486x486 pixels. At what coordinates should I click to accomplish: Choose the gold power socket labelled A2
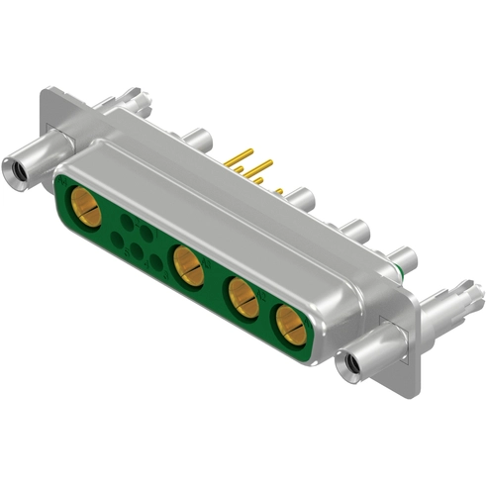(243, 297)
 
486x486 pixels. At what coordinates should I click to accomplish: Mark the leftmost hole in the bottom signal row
(118, 239)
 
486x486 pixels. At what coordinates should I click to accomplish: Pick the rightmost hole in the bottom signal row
(156, 261)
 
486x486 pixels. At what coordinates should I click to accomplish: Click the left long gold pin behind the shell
(238, 158)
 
